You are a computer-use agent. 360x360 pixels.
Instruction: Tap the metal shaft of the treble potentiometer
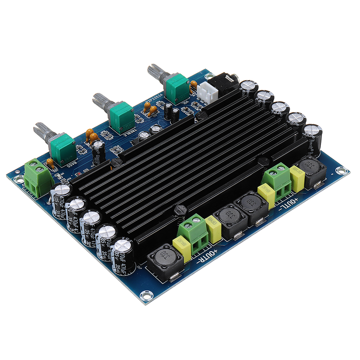tap(100, 100)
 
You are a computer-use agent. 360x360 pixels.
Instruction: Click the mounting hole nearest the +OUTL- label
tap(339, 171)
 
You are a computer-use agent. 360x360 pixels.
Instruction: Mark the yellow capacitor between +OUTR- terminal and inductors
tap(213, 228)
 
